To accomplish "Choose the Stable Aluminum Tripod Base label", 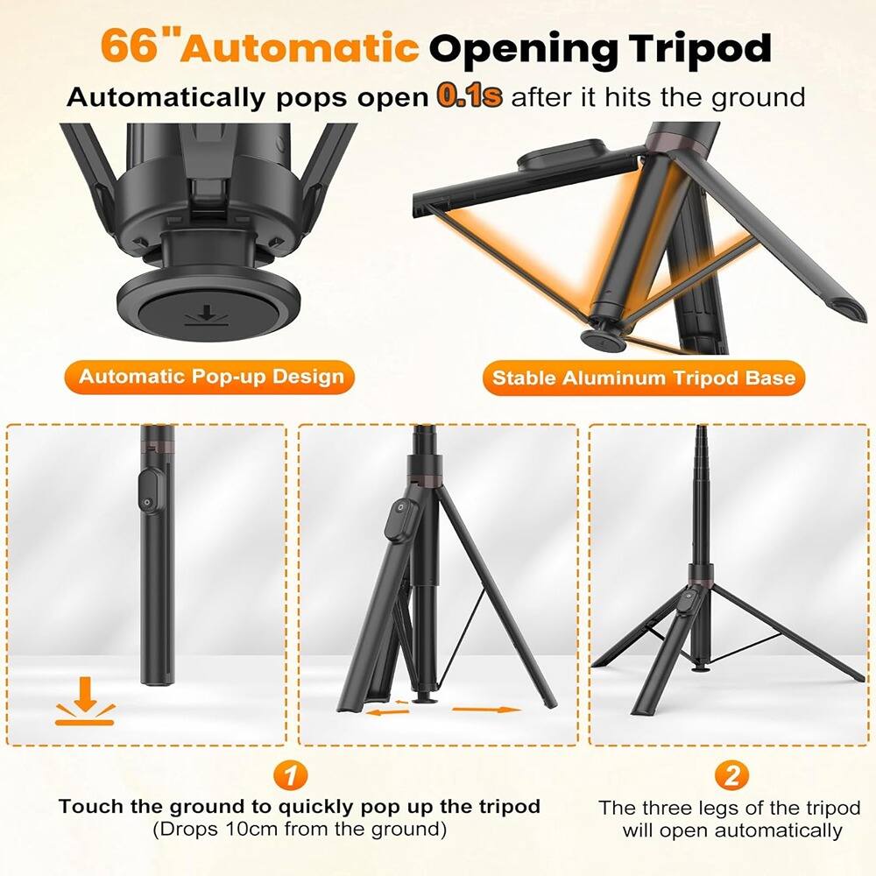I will point(644,378).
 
